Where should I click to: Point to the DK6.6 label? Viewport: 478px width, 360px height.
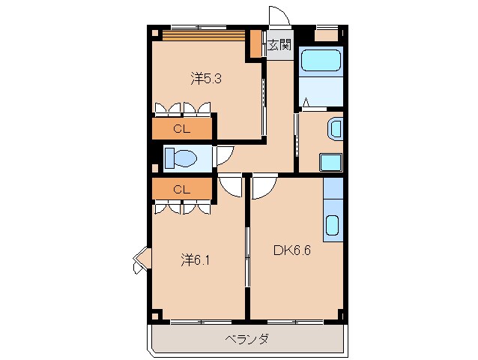click(291, 251)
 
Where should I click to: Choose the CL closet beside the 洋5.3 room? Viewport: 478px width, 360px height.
click(181, 128)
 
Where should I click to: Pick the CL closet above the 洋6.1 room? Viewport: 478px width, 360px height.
click(181, 189)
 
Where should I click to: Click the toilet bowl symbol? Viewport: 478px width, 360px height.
click(180, 158)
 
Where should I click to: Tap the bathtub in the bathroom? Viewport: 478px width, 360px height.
click(321, 61)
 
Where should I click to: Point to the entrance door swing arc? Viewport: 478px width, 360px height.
click(279, 17)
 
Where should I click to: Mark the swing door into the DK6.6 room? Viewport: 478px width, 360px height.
click(264, 187)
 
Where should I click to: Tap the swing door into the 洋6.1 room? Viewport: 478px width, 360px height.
click(232, 186)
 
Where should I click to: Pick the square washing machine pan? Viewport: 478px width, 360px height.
click(330, 163)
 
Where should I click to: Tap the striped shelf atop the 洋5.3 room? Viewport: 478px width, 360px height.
click(205, 35)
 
